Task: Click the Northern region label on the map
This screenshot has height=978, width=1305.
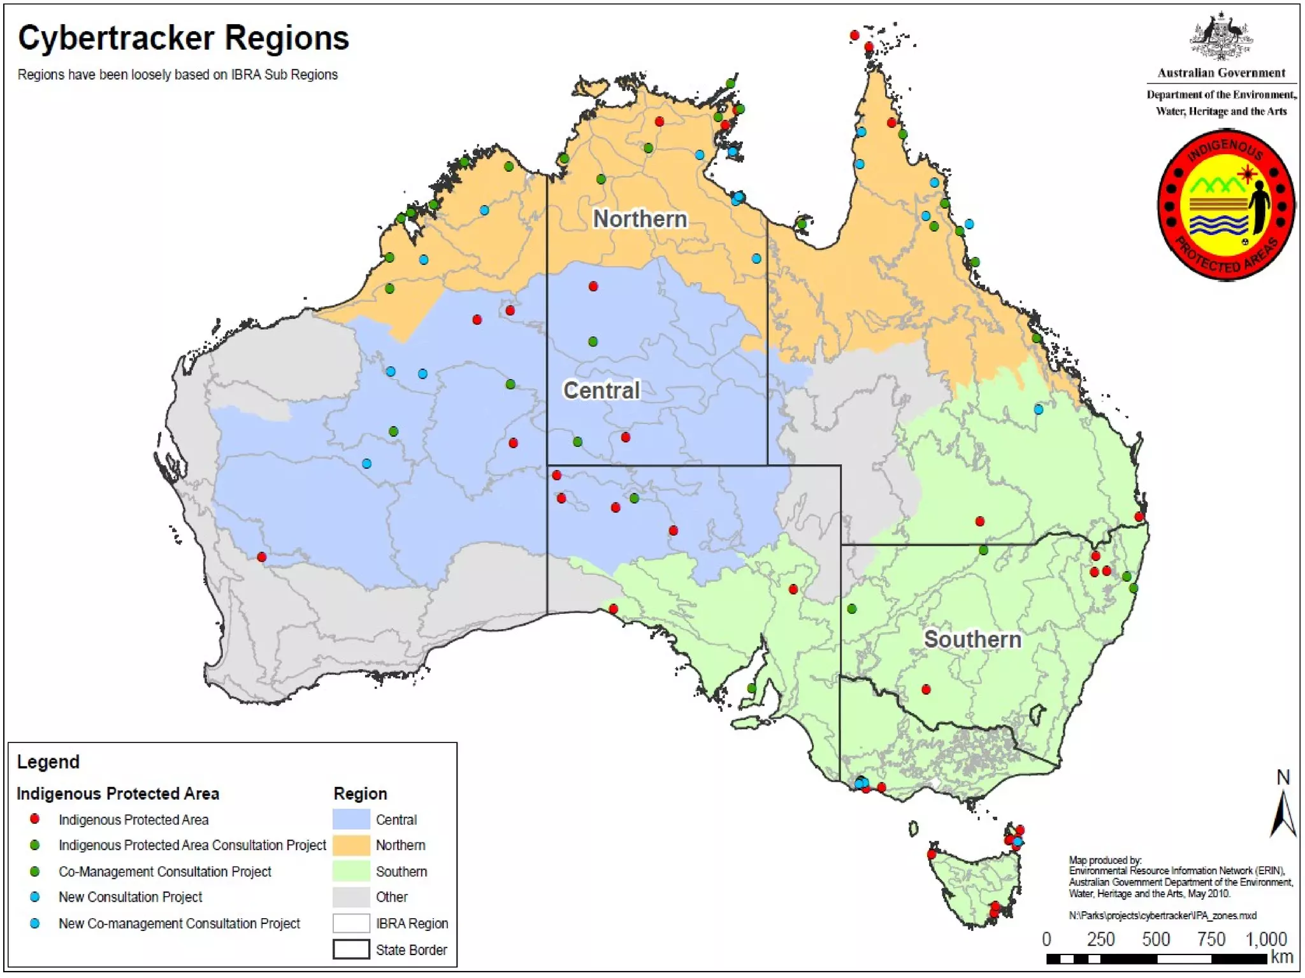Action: [640, 219]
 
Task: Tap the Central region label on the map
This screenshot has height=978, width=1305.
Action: [601, 390]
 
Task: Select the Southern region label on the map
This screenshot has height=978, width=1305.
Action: [972, 639]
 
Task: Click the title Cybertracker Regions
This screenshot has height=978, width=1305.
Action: [184, 38]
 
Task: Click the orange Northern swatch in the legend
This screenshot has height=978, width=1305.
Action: [351, 845]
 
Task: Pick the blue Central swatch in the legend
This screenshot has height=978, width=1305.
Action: [351, 819]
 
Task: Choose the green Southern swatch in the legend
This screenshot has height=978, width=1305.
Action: [351, 871]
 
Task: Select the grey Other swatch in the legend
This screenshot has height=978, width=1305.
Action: [351, 896]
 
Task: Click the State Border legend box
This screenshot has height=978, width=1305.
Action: [351, 949]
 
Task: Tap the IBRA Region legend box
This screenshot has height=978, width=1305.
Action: [351, 923]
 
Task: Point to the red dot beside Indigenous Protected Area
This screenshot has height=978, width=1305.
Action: [35, 819]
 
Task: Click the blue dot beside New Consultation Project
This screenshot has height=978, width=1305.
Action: [35, 896]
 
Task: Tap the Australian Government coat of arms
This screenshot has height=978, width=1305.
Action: [1221, 37]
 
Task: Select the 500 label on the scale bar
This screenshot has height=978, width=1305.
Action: [1155, 939]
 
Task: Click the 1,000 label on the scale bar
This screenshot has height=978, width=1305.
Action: [1265, 939]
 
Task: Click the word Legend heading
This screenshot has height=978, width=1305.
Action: [48, 762]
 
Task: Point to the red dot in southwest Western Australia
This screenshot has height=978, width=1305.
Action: [261, 557]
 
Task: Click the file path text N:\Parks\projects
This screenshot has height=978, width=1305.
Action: [1162, 916]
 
